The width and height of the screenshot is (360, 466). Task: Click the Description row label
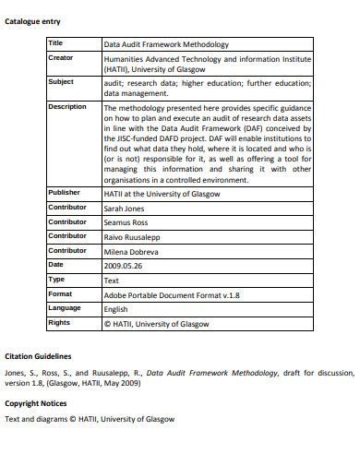coord(66,107)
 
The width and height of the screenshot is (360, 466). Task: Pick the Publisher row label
coord(64,192)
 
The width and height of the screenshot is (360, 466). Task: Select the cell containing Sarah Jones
coord(126,208)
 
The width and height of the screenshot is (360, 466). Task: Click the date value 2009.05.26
coord(124,265)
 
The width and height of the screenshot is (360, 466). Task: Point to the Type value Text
coord(111,280)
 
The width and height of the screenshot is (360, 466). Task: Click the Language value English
coord(116,309)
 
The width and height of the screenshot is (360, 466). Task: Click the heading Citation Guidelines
coord(38,355)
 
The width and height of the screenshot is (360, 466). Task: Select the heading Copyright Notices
coord(36,403)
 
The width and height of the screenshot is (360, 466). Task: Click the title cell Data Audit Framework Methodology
coord(166,43)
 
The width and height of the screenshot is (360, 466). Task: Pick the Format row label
coord(60,293)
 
